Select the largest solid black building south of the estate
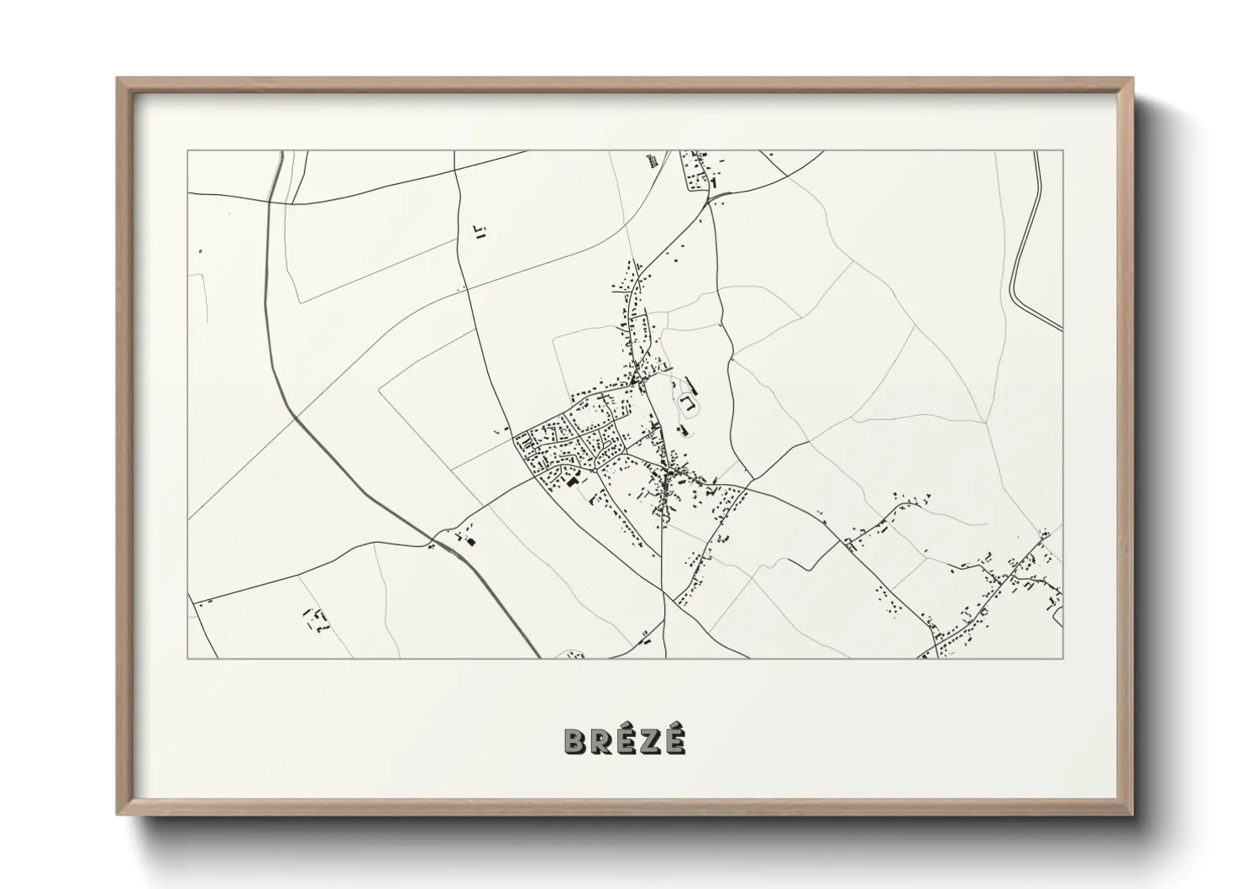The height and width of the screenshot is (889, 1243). click(574, 481)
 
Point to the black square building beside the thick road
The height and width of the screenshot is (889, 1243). click(469, 542)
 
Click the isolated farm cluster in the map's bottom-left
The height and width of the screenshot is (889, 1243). click(317, 619)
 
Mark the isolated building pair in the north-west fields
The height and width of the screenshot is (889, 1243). click(480, 232)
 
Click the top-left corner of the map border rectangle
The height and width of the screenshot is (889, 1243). click(188, 151)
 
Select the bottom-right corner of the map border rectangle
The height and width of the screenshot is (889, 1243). click(1062, 658)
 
